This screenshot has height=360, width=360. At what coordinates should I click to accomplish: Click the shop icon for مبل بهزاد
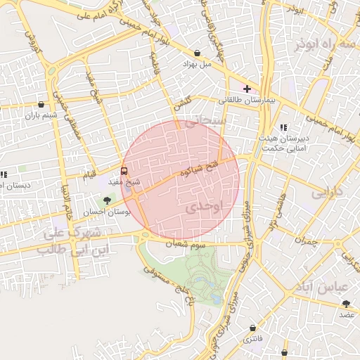point(197,53)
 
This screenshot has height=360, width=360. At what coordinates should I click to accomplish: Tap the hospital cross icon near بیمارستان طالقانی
point(247,89)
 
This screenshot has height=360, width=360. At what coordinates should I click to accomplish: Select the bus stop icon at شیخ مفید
point(124,170)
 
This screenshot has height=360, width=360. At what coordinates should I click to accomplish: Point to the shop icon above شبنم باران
point(41,104)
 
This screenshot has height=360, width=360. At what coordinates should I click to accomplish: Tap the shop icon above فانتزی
point(252,328)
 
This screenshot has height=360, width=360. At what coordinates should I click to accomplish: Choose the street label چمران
point(307,240)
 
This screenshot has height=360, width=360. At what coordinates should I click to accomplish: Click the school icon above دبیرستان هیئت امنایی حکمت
point(283,127)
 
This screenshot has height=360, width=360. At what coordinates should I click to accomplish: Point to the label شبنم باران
point(40,115)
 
